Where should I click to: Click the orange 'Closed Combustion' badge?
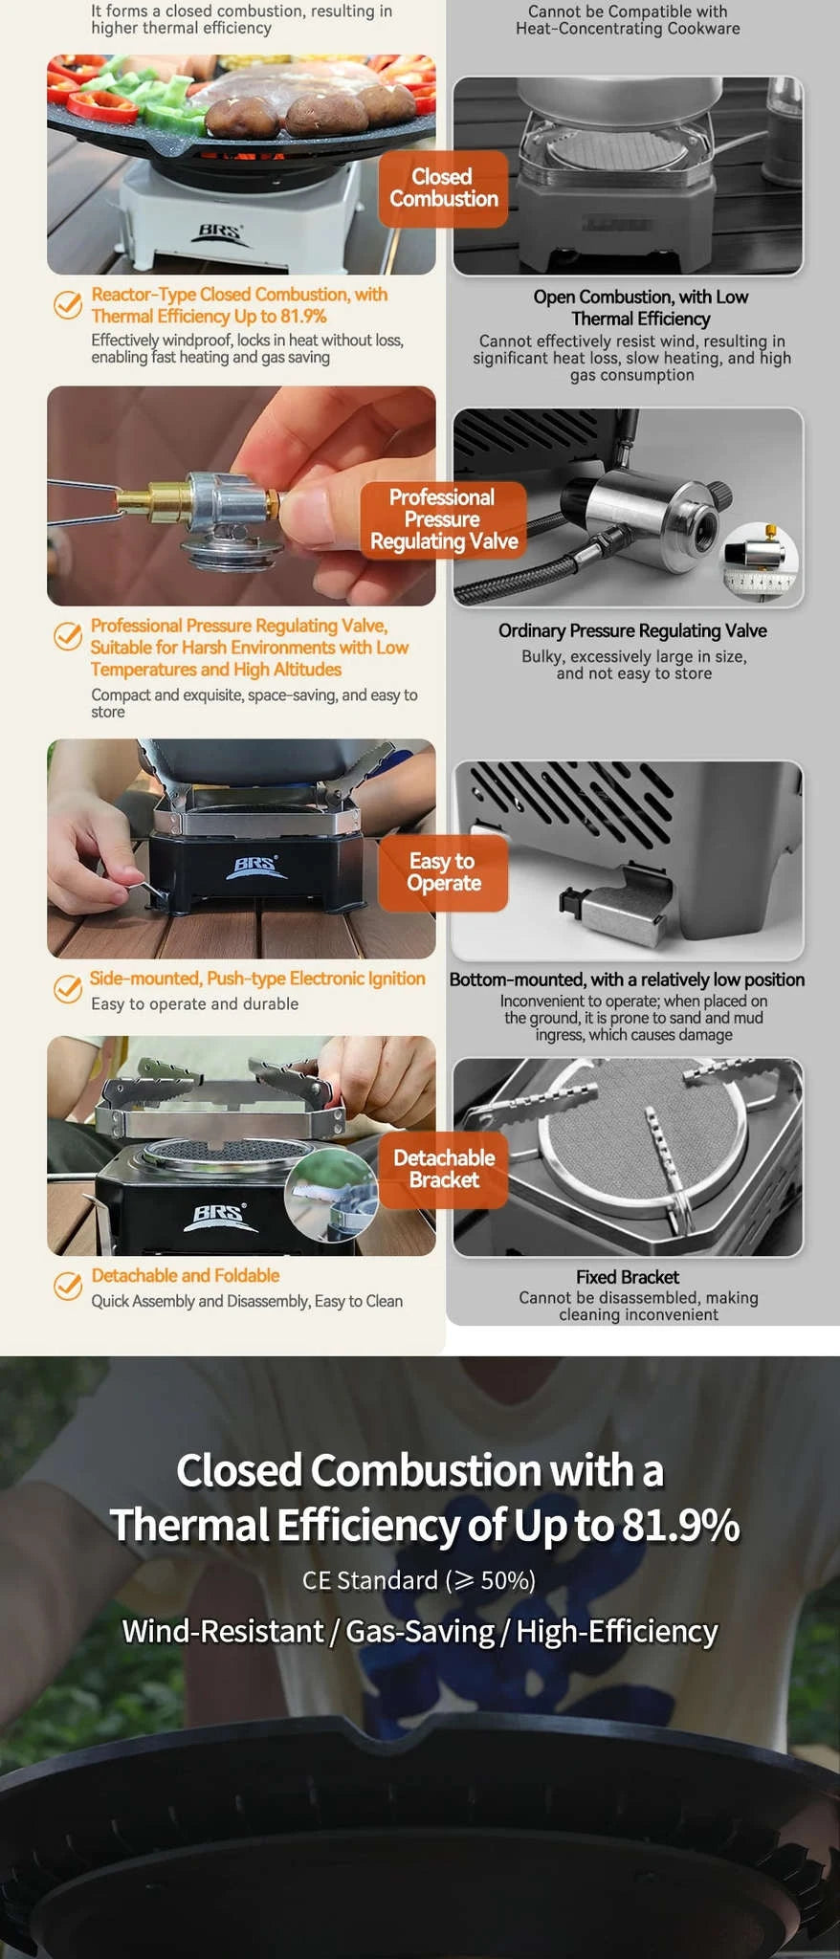pos(443,188)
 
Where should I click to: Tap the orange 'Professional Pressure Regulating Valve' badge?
pos(444,519)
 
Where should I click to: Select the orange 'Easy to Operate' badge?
pos(443,872)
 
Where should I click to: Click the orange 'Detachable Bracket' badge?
pos(443,1169)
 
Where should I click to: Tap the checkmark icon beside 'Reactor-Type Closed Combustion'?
pos(67,305)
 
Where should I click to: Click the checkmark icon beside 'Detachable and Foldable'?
pos(67,1287)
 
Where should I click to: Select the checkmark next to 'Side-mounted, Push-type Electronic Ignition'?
pos(67,989)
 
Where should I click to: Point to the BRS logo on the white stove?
pos(221,231)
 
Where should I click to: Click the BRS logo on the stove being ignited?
pos(256,867)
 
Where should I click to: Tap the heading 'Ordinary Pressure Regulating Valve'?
pos(632,631)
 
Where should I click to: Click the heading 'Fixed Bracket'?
pos(628,1277)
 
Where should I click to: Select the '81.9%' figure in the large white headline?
pos(680,1525)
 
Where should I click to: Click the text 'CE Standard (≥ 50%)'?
pos(419,1580)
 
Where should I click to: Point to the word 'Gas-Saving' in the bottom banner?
pos(420,1631)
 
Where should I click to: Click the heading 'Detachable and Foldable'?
pos(186,1276)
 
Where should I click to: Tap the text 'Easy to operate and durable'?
pos(195,1004)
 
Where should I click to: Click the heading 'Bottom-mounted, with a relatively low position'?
pos(627,979)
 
